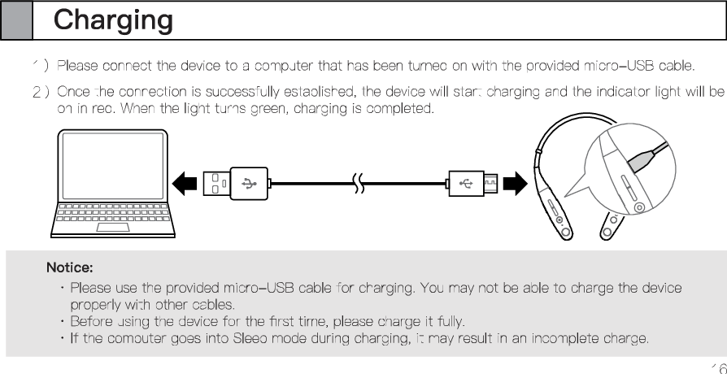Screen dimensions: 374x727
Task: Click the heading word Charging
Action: [x=113, y=20]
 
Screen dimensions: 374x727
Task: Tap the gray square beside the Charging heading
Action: [x=16, y=20]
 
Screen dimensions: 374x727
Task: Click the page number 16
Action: [x=717, y=367]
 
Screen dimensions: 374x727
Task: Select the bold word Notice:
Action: [x=70, y=267]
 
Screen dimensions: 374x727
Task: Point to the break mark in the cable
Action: [x=359, y=184]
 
